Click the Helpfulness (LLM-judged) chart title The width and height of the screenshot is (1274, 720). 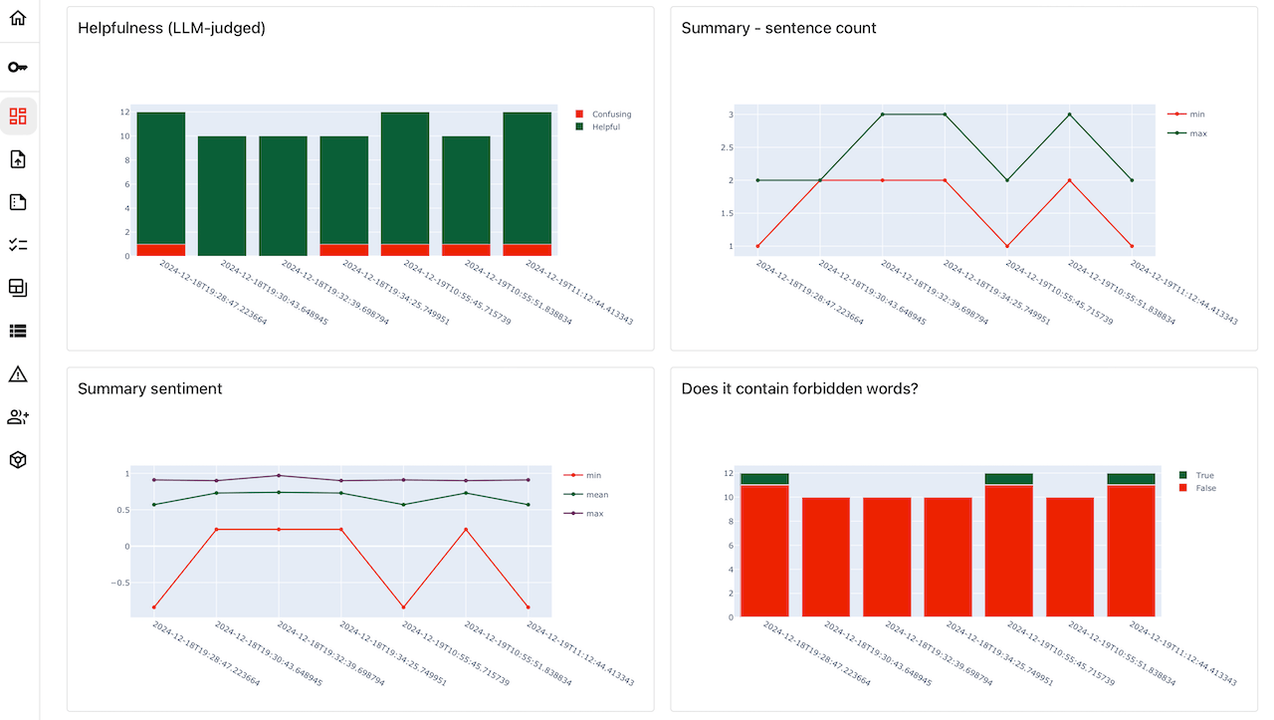tap(171, 29)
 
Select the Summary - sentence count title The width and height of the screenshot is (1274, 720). tap(778, 29)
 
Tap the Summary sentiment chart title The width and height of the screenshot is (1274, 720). tap(149, 389)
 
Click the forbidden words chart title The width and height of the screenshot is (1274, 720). tap(799, 389)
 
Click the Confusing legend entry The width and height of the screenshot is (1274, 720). tap(610, 115)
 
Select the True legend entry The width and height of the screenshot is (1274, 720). tap(1203, 476)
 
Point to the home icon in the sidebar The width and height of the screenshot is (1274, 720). tap(18, 18)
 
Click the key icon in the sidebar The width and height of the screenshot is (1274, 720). tap(18, 67)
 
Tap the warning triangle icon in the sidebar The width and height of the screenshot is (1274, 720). tap(18, 374)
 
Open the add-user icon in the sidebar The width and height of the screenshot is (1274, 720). tap(18, 417)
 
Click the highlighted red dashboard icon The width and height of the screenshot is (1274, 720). tap(18, 116)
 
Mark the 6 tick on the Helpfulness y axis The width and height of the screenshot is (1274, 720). tap(126, 184)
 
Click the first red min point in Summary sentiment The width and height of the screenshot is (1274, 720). tap(154, 607)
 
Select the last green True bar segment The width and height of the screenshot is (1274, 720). tap(1131, 479)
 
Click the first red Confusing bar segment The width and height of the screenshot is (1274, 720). tap(161, 250)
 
